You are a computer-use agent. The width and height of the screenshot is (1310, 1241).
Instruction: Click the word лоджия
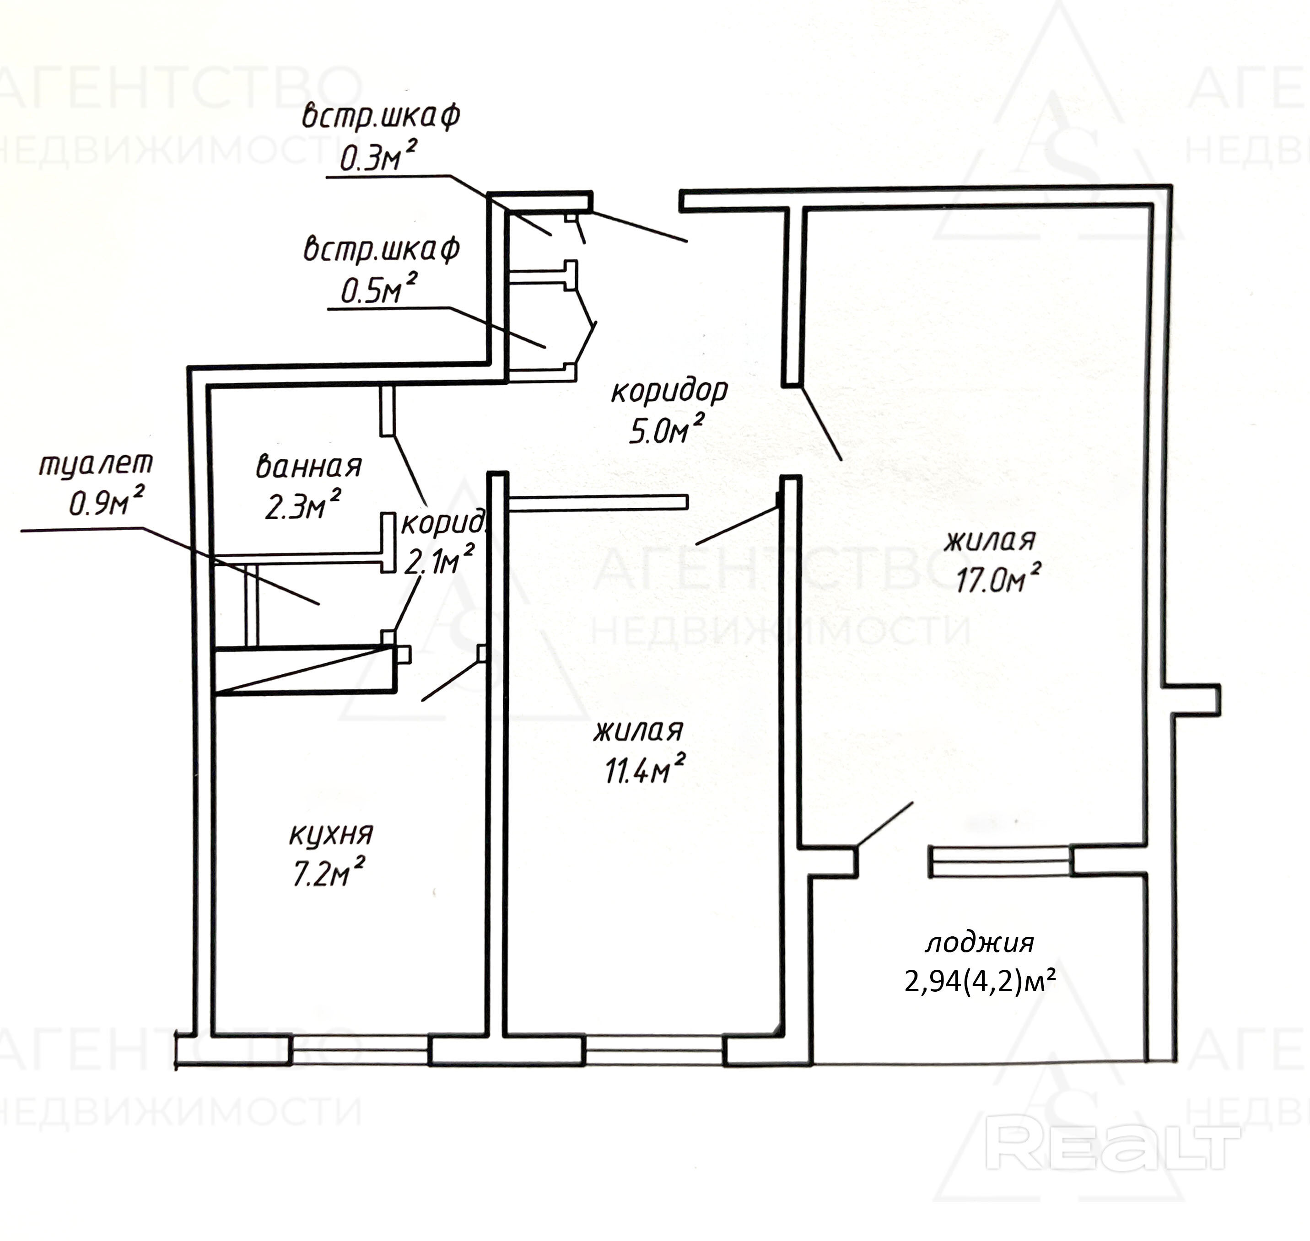coord(979,943)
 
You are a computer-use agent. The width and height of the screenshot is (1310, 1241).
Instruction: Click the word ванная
coord(308,467)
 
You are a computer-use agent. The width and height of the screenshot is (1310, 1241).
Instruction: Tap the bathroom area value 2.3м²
coord(303,506)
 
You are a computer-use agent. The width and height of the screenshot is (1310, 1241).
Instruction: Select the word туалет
coord(96,464)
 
